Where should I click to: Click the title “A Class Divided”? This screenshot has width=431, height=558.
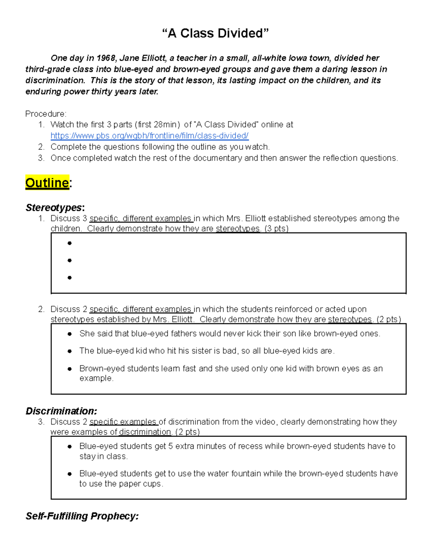click(x=215, y=33)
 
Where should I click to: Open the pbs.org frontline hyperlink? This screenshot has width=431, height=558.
click(x=149, y=136)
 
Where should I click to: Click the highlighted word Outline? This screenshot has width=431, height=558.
click(x=47, y=183)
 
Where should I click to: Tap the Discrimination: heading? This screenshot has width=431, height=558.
click(x=61, y=411)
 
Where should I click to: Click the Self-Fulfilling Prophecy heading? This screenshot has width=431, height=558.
click(x=82, y=516)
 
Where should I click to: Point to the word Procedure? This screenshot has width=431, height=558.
click(x=45, y=114)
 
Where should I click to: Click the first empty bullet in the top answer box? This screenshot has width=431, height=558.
click(x=70, y=243)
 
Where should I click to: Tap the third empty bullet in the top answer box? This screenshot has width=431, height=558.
click(x=70, y=278)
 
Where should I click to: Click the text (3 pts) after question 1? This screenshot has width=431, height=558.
click(x=276, y=229)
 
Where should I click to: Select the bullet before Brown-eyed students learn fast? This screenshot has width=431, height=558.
click(x=70, y=369)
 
